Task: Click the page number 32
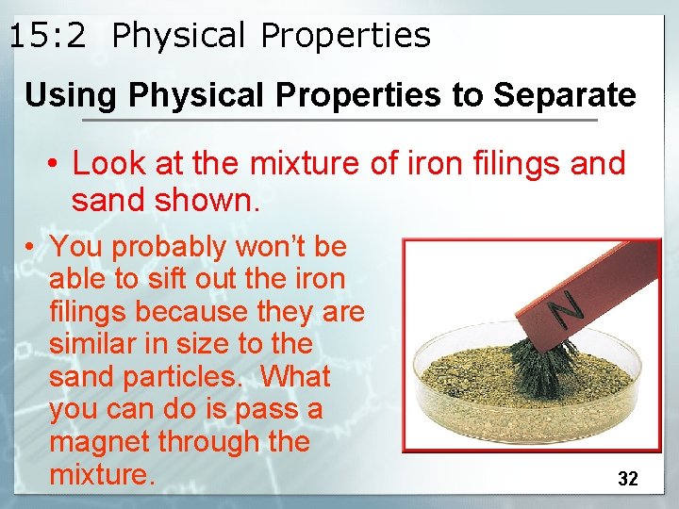point(627,479)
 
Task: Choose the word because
point(183,312)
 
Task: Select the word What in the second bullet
point(295,377)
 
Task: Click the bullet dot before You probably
point(31,248)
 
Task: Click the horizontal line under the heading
point(339,121)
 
